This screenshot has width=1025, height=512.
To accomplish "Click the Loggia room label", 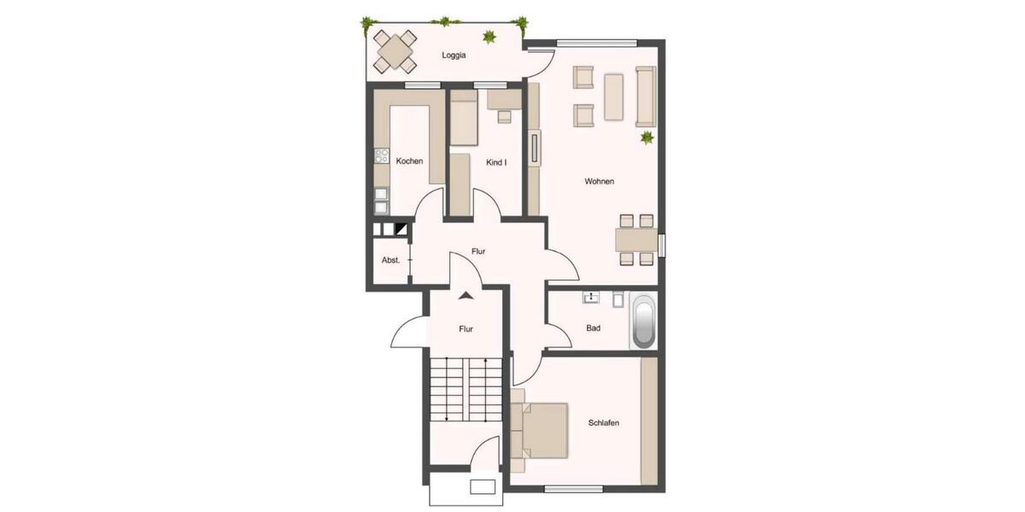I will (454, 55).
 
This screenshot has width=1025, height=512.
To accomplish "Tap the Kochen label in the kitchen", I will (409, 161).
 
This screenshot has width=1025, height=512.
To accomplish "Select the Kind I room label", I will (496, 162).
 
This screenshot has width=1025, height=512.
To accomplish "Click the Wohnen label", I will (599, 181).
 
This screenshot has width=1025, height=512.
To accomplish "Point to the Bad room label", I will (593, 328).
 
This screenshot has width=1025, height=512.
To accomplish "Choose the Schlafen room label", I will (603, 423).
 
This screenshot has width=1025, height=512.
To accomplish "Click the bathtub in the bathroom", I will (643, 322).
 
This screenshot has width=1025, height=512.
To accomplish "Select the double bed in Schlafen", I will (541, 430).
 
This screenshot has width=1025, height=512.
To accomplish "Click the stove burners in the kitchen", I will (381, 157).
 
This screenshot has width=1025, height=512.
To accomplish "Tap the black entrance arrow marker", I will (466, 296).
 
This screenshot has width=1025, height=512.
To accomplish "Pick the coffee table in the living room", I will (614, 96).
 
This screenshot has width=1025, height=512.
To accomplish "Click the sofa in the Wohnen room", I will (645, 95).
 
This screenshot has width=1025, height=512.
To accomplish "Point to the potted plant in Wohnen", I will (647, 137).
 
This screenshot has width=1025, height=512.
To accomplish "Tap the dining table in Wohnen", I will (635, 239).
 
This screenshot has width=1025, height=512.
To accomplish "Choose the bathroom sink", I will (591, 298).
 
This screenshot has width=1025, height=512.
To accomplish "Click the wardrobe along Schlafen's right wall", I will (649, 420).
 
